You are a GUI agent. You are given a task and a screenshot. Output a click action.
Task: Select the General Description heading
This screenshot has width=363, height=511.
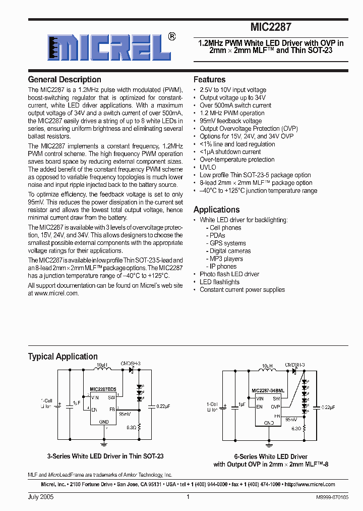click(65, 80)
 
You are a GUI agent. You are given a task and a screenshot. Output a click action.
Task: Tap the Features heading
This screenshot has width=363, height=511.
click(209, 80)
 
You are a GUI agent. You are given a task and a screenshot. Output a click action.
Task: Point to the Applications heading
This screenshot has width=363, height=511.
click(216, 210)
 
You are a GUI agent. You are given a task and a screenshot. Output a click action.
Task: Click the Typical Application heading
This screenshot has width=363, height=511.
click(63, 356)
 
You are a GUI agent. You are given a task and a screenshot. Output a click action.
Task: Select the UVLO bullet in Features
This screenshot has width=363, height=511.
click(208, 167)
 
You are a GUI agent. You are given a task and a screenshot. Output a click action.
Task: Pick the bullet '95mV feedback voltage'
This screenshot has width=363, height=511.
click(230, 121)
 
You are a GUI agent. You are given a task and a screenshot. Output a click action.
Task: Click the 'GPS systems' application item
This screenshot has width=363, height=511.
click(227, 243)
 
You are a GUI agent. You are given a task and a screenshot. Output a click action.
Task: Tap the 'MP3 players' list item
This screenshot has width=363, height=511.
click(226, 259)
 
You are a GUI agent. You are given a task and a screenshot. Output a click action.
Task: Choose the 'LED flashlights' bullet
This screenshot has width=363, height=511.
click(219, 282)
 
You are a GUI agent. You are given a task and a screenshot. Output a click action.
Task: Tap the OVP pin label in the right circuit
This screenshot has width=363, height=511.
click(275, 406)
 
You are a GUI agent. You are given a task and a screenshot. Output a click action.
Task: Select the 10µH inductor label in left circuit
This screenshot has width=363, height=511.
click(102, 364)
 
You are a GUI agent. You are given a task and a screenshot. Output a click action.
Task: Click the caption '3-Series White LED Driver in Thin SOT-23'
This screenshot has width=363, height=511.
click(105, 456)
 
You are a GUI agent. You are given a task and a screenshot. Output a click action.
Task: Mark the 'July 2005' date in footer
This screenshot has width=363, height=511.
click(40, 497)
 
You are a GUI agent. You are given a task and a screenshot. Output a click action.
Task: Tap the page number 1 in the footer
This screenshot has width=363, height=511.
click(188, 497)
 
